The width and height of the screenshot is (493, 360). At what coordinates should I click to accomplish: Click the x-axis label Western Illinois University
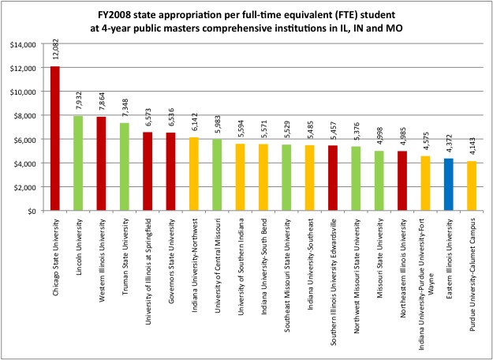[102, 260]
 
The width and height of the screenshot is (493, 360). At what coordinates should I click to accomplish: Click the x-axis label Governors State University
[170, 259]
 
